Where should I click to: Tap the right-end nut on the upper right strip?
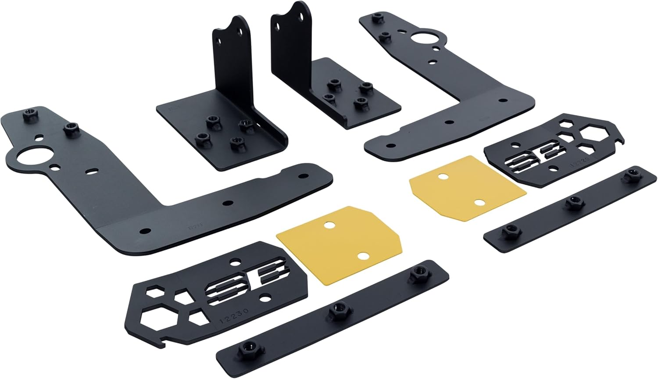[633, 176]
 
